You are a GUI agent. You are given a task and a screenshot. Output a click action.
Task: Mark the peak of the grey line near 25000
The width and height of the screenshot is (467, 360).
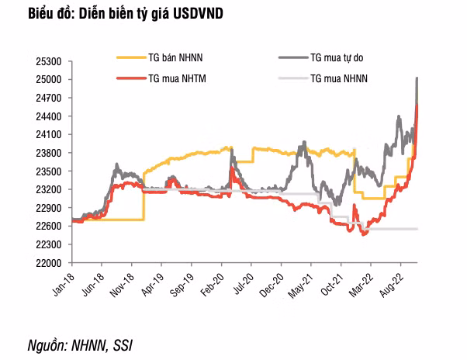coord(418,78)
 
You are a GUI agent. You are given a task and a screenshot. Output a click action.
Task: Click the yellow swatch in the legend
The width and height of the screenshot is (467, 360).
coord(130,57)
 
